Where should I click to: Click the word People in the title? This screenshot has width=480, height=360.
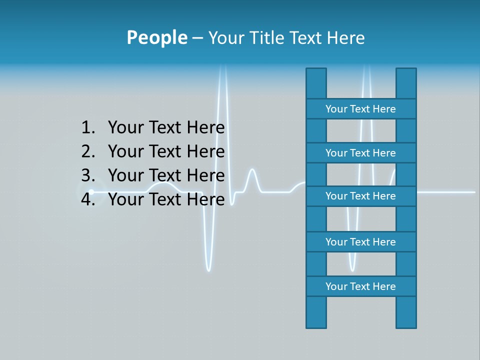point(156,37)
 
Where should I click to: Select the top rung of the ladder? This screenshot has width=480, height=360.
point(360,109)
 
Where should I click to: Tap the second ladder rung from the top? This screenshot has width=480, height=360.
point(360,153)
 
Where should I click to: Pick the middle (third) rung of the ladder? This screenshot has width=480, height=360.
point(360,196)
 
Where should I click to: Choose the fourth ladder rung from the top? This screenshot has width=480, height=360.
point(360,242)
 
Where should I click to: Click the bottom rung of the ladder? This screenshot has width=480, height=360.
point(360,286)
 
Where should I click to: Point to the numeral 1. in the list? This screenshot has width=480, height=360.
point(88,128)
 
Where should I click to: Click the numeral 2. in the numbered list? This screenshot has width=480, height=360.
point(88,151)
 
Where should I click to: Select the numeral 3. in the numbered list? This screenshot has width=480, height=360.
point(88,175)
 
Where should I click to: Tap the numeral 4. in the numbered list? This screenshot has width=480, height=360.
point(88,199)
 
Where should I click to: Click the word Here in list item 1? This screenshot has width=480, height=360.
point(205,128)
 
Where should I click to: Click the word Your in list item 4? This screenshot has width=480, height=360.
point(125,199)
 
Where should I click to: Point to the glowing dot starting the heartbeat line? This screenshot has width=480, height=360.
point(91,191)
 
